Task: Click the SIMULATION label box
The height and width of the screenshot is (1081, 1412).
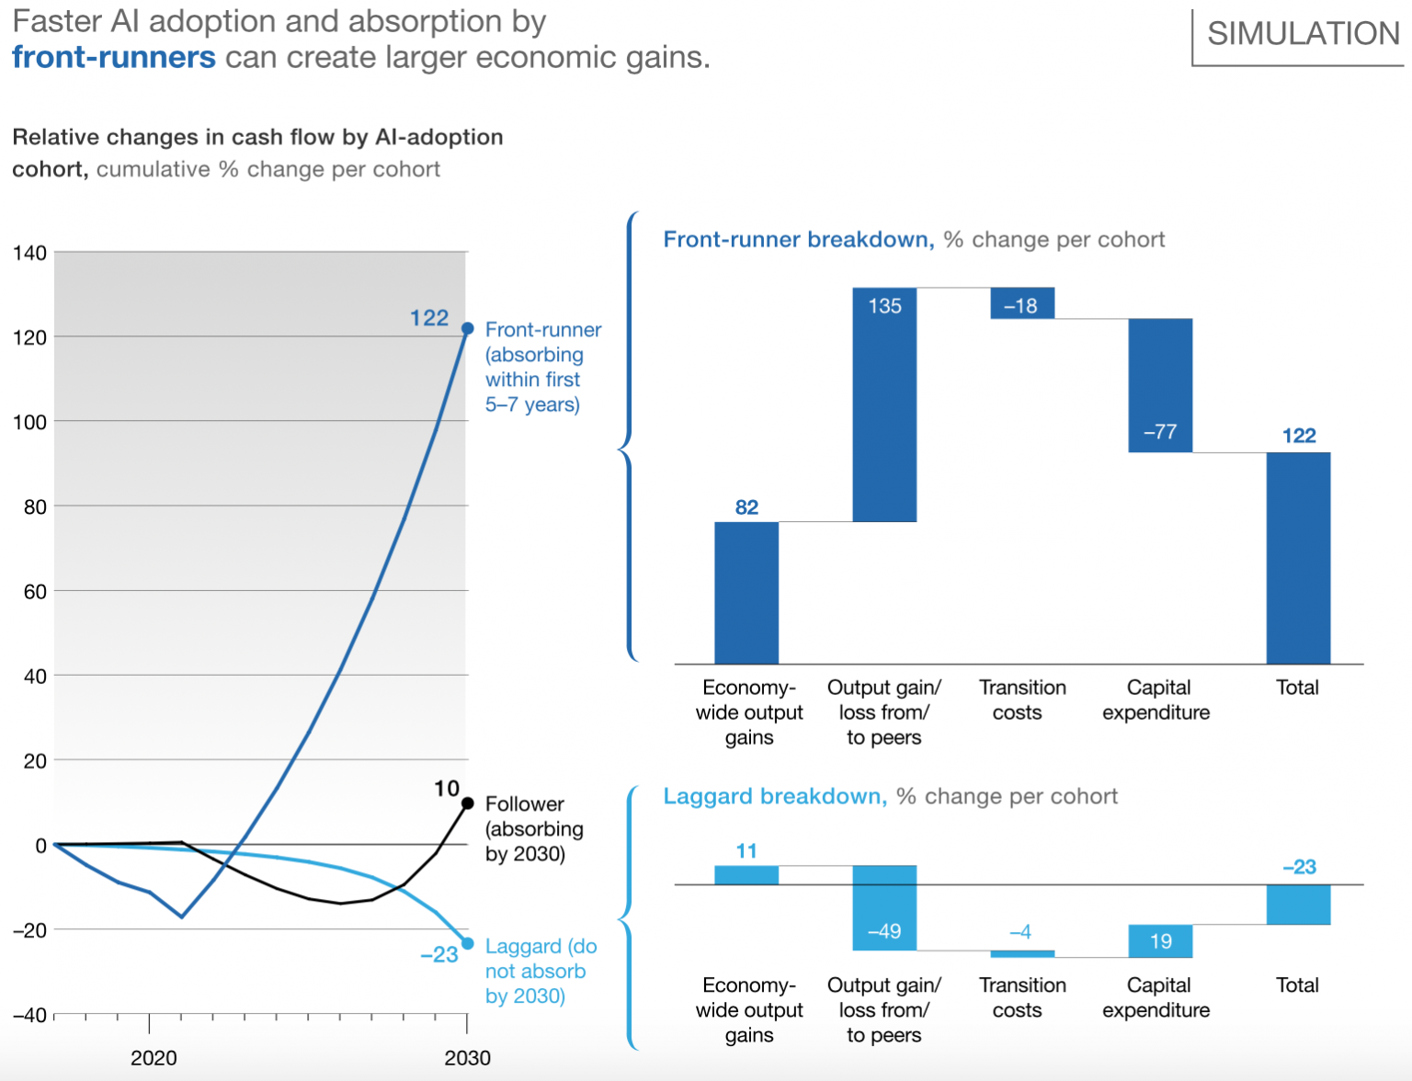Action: (x=1302, y=35)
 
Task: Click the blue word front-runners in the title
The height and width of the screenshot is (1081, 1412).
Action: (x=114, y=57)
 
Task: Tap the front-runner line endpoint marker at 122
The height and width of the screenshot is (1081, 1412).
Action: (x=467, y=328)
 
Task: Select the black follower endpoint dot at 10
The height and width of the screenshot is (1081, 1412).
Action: (x=467, y=803)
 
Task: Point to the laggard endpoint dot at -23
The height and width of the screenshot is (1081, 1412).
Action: (x=467, y=943)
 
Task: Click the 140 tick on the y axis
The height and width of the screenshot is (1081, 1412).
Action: (x=29, y=253)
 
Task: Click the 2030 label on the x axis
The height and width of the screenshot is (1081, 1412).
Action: (x=467, y=1058)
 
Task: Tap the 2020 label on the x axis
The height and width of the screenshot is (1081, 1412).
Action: (x=154, y=1058)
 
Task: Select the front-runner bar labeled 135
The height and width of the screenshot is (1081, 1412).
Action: (x=884, y=404)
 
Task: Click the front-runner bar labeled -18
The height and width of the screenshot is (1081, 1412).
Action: (x=1021, y=303)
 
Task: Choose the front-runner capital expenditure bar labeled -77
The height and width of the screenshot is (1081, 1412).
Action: (x=1160, y=385)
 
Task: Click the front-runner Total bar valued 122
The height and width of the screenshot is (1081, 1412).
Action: (x=1298, y=558)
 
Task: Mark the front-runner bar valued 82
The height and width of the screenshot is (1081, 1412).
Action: (x=746, y=593)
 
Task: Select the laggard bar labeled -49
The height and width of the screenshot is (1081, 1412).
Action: (x=884, y=907)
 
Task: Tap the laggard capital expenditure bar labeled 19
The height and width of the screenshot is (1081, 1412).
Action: (x=1160, y=941)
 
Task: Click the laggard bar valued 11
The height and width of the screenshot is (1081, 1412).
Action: (x=746, y=875)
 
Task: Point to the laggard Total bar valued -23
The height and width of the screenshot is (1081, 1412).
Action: (x=1298, y=905)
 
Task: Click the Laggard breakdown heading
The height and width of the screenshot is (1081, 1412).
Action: (x=774, y=796)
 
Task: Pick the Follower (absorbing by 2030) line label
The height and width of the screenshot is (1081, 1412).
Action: (x=533, y=828)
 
